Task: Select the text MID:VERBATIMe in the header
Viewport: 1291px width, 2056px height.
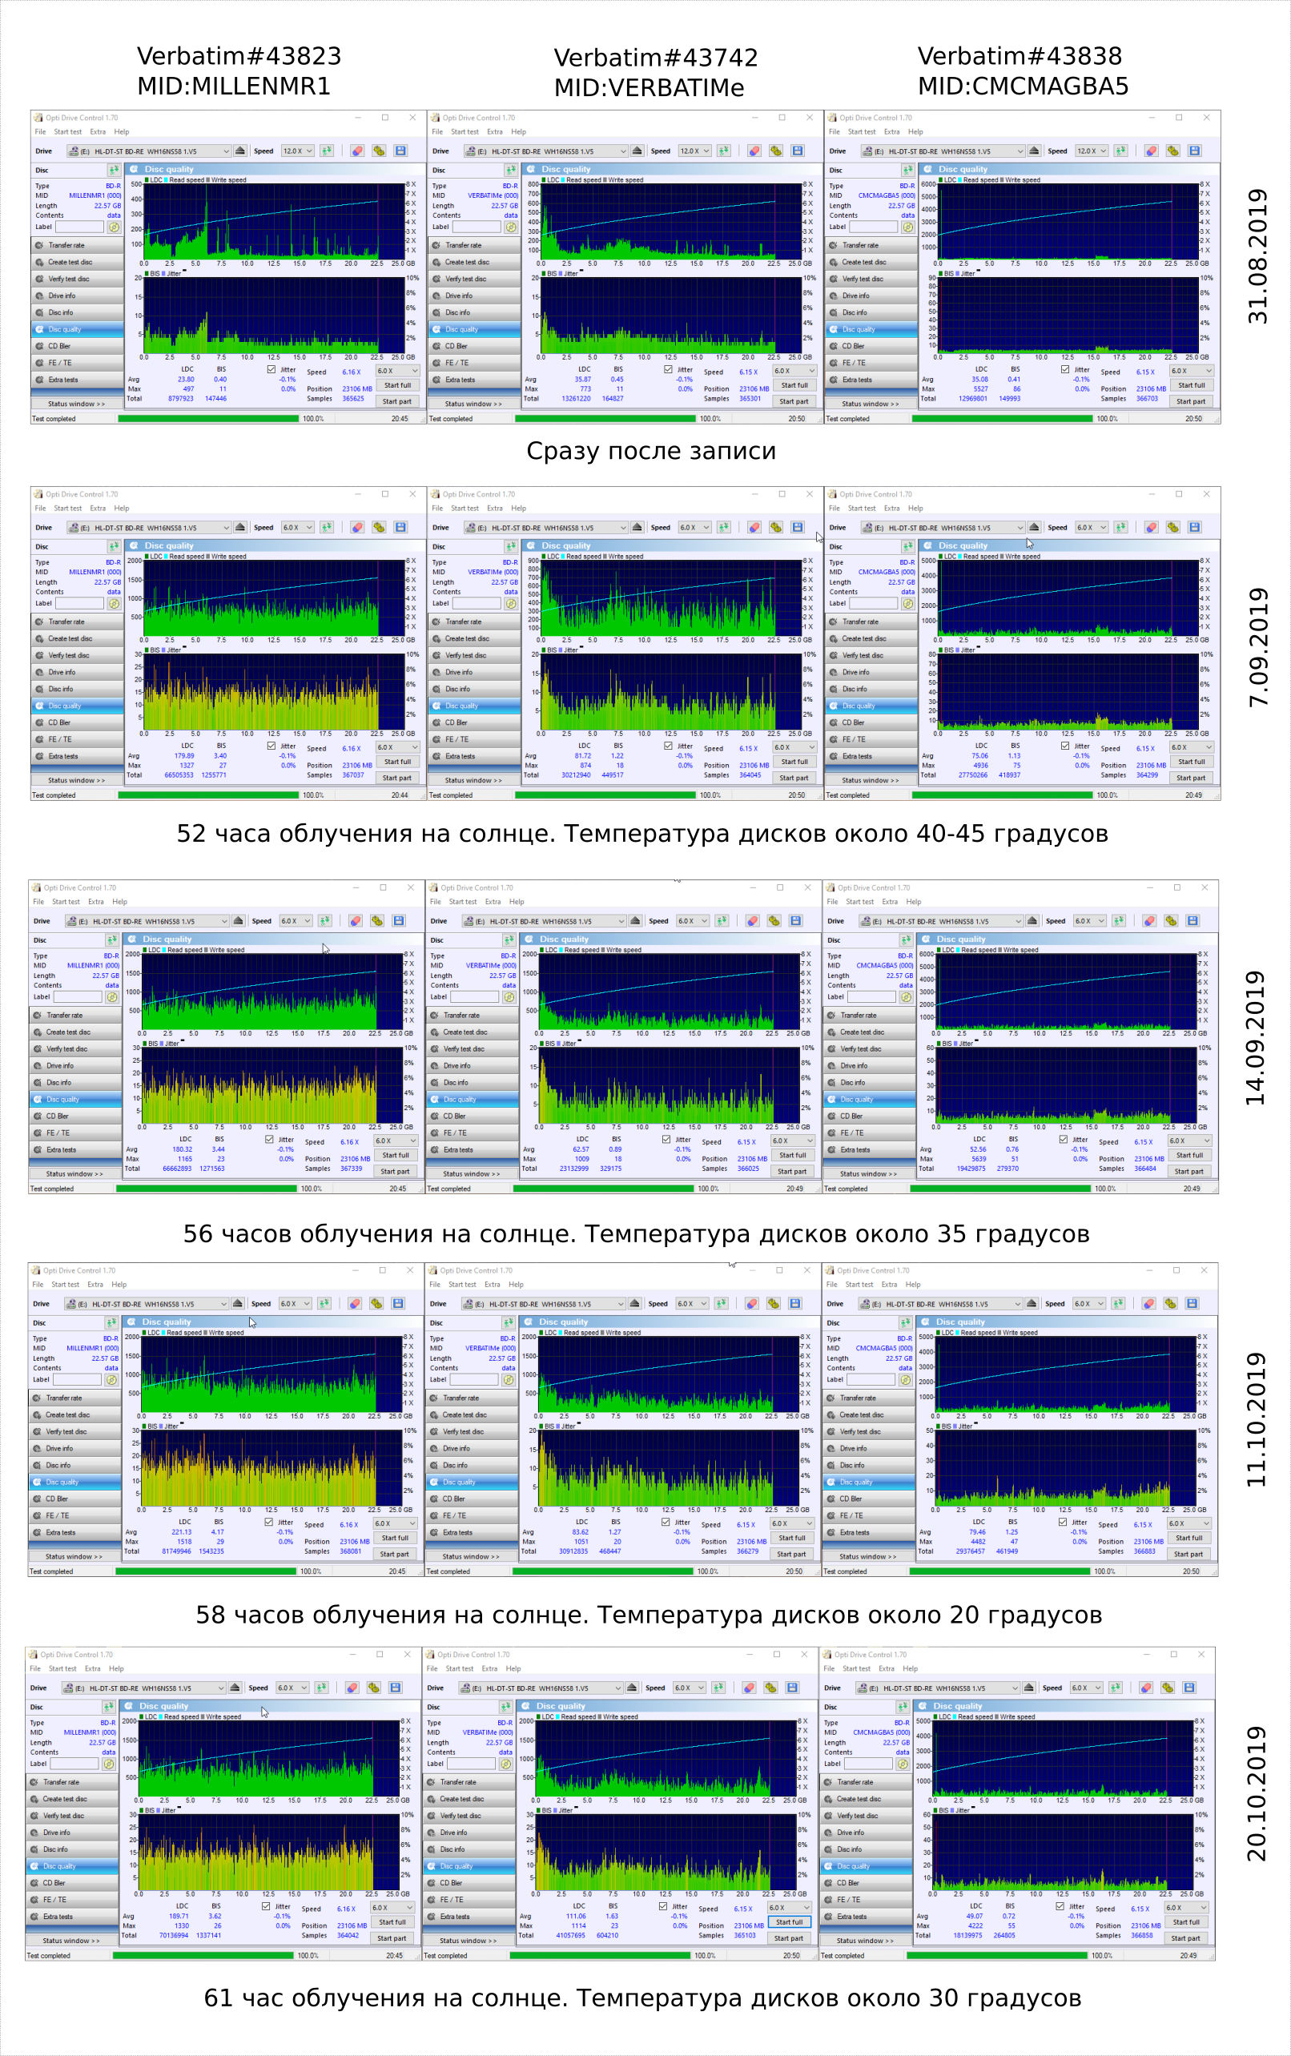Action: (x=649, y=88)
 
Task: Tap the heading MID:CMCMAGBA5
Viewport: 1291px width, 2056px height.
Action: (x=1022, y=87)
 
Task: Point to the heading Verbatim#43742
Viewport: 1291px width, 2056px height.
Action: (x=655, y=58)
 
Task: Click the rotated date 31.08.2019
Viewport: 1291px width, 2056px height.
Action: (x=1257, y=256)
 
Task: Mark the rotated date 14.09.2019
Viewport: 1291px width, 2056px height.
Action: (x=1255, y=1037)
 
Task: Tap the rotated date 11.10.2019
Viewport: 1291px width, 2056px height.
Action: (x=1255, y=1420)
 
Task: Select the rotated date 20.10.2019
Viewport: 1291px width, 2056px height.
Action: (x=1256, y=1793)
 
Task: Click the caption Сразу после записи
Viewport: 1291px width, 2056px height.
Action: (x=650, y=451)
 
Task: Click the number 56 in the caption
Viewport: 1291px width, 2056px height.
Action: (x=197, y=1233)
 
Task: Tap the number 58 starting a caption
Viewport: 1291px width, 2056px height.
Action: (x=210, y=1615)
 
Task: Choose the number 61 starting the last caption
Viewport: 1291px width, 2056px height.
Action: (x=218, y=1998)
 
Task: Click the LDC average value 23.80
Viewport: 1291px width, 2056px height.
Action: (x=185, y=379)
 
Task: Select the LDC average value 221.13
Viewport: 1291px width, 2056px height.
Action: (x=182, y=1531)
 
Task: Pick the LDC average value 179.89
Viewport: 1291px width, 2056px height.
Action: (x=184, y=755)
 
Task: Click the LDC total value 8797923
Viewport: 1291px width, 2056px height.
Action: (x=180, y=399)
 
